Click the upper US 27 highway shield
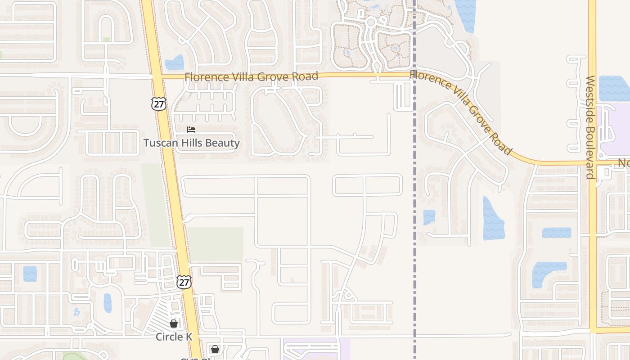click(x=158, y=104)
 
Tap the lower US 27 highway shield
click(x=184, y=282)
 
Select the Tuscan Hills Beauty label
click(x=191, y=143)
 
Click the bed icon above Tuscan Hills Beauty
click(x=191, y=130)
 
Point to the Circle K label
click(x=174, y=337)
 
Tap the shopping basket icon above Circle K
click(x=174, y=323)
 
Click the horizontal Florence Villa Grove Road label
click(x=251, y=76)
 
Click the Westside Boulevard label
click(x=590, y=127)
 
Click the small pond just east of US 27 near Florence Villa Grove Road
click(x=175, y=63)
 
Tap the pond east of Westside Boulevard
click(x=614, y=88)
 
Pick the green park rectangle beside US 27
click(x=216, y=244)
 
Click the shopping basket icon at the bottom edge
click(x=215, y=349)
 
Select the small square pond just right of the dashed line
click(x=429, y=217)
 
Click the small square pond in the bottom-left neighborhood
click(x=30, y=274)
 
